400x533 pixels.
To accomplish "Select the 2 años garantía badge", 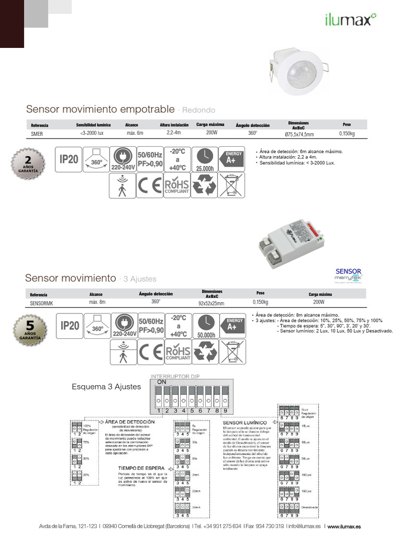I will click(28, 162).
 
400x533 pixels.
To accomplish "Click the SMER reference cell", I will click(37, 134).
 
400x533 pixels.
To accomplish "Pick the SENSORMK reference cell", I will click(41, 302).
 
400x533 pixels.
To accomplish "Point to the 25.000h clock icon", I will click(205, 159).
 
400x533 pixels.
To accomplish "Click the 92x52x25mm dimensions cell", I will click(211, 303).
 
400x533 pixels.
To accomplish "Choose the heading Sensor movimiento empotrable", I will click(100, 109).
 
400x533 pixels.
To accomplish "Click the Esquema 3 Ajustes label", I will click(106, 387).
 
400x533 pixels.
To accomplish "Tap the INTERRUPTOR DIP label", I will click(174, 376).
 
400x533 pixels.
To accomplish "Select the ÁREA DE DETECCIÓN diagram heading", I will click(129, 421).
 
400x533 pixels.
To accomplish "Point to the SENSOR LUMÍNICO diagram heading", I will click(245, 423).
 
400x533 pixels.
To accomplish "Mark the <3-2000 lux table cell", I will click(93, 134).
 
